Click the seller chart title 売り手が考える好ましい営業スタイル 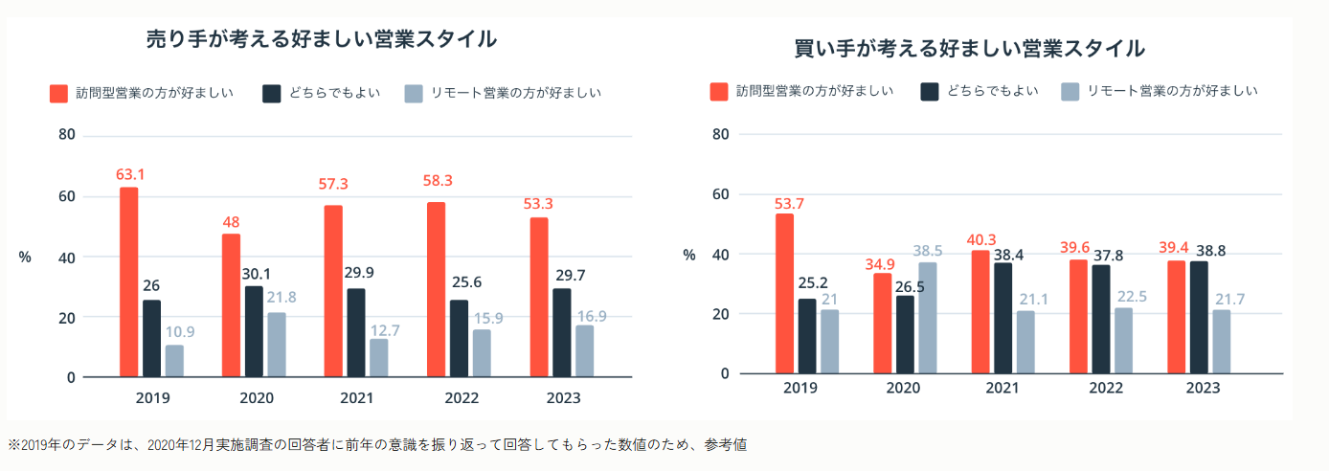coord(321,39)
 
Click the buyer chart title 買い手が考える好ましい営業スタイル coord(969,48)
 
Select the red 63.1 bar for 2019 coord(128,282)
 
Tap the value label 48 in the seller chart coord(231,222)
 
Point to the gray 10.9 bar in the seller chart coord(174,361)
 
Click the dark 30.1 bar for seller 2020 coord(253,331)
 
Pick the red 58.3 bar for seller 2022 coord(436,289)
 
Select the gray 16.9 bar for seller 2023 coord(584,351)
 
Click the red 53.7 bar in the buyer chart coord(784,293)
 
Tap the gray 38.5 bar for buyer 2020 coord(928,318)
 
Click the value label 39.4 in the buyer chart coord(1176,249)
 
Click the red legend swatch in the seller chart coord(58,93)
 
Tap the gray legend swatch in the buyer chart coord(1070,91)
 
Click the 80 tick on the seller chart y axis coord(66,135)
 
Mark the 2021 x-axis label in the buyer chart coord(1002,389)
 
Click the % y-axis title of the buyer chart coord(688,255)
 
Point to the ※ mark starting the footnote coord(13,445)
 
